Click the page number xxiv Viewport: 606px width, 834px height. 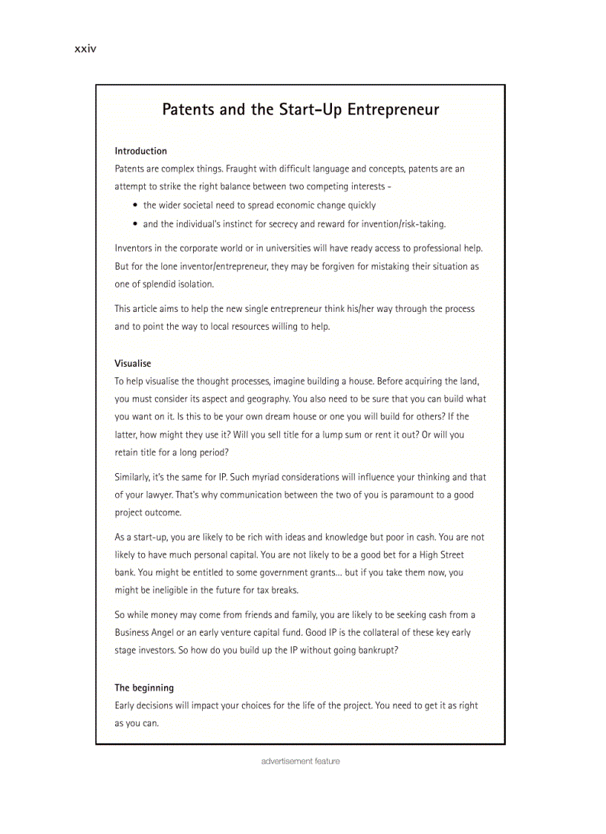pos(85,49)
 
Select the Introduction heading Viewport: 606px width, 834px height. pos(140,151)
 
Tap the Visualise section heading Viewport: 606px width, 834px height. pos(132,363)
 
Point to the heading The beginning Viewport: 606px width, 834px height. pos(144,688)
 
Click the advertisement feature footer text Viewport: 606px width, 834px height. pos(300,761)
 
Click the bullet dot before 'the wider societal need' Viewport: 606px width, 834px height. pos(134,206)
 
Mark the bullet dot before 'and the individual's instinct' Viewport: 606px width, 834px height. pos(134,224)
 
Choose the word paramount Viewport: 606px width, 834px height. pos(417,495)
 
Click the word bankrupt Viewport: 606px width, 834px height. pos(374,651)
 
